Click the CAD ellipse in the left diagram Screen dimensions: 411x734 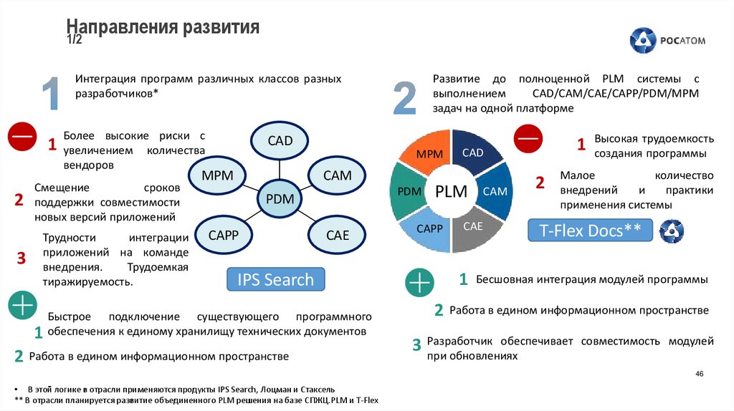click(x=280, y=140)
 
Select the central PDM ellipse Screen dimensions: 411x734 click(x=280, y=199)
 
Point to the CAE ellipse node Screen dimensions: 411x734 click(x=337, y=235)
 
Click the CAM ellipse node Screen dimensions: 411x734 click(x=337, y=175)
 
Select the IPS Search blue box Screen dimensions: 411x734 click(x=275, y=279)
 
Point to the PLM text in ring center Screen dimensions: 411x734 click(x=451, y=192)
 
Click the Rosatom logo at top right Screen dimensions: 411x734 click(x=667, y=41)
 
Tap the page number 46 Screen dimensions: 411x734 click(x=700, y=374)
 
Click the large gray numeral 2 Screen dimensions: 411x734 click(x=405, y=99)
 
